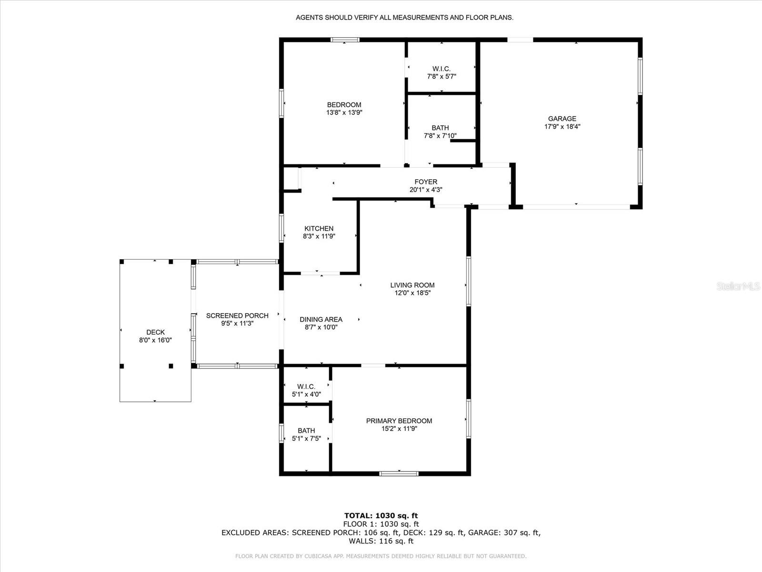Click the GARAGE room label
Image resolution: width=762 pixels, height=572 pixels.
point(562,119)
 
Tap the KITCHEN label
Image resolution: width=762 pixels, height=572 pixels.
point(319,228)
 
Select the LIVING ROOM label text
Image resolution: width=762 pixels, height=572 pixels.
point(412,285)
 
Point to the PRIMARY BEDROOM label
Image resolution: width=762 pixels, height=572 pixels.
point(399,421)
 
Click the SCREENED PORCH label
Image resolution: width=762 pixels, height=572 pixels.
point(238,316)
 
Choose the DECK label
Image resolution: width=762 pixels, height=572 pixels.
point(156,332)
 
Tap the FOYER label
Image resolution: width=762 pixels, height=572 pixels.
point(426,182)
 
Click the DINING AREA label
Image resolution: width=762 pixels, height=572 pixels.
point(321,319)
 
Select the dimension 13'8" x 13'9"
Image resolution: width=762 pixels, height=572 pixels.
point(344,112)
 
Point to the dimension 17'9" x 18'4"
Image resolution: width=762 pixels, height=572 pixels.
point(562,127)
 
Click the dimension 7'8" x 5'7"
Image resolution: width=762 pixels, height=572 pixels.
point(441,77)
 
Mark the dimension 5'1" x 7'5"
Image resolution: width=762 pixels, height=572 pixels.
point(307,439)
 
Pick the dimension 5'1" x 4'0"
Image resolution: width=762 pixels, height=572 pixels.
point(307,395)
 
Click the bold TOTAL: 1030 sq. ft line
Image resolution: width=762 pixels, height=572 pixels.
point(381,516)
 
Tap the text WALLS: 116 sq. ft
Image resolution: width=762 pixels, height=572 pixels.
point(381,541)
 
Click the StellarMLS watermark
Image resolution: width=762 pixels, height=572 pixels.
point(738,286)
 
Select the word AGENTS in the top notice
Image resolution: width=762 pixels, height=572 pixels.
point(309,18)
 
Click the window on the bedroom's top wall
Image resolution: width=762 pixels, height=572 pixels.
point(345,40)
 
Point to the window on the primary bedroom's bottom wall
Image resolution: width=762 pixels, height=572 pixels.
point(399,473)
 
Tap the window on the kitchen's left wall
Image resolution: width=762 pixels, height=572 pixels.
point(281,228)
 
